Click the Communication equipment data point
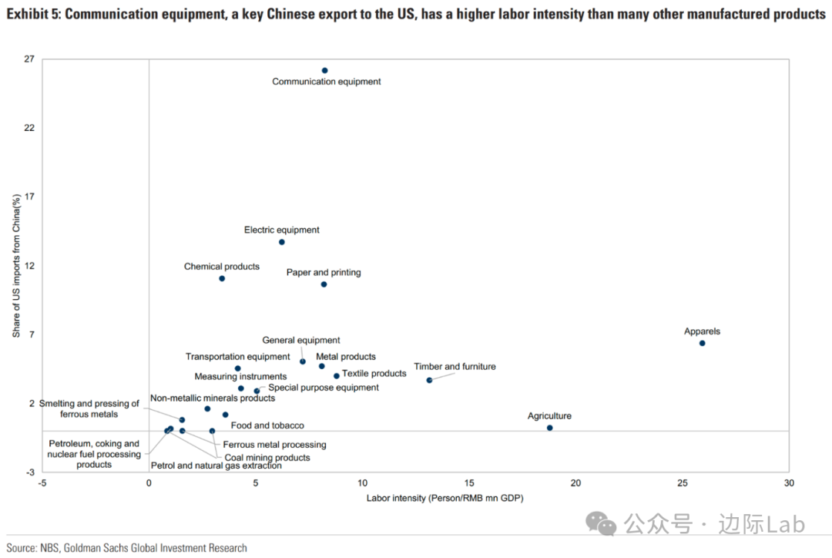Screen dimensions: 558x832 click(x=324, y=70)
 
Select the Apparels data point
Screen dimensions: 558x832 click(x=702, y=343)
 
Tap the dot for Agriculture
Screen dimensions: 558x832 click(x=549, y=428)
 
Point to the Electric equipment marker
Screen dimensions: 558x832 click(x=282, y=242)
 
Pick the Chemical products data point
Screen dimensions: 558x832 click(x=222, y=278)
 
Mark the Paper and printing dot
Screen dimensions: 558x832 click(x=324, y=284)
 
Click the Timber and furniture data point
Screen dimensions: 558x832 click(x=429, y=380)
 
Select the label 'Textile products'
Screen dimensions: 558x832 click(x=374, y=374)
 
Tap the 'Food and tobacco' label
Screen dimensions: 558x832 click(x=267, y=425)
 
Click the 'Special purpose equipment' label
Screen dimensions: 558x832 click(x=324, y=388)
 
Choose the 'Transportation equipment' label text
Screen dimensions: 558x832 click(x=237, y=357)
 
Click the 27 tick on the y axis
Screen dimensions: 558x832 click(x=29, y=59)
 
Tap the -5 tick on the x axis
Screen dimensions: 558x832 click(x=42, y=483)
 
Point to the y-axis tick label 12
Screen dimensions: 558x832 click(x=29, y=266)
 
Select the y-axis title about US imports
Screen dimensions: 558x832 click(x=15, y=266)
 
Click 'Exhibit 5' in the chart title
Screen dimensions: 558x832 click(x=32, y=15)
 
